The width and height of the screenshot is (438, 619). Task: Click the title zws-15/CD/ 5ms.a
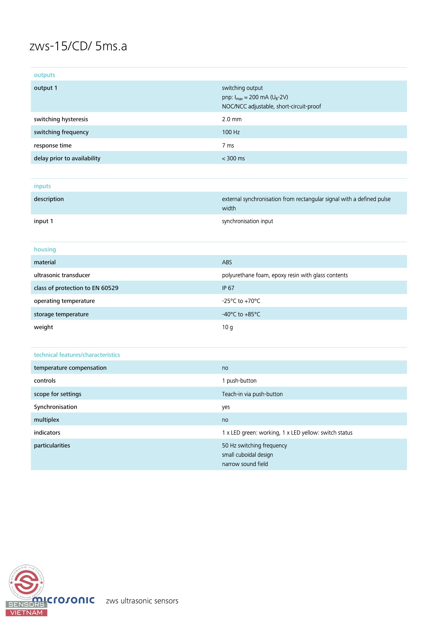[x=78, y=46]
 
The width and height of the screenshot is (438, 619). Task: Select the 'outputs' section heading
[x=45, y=75]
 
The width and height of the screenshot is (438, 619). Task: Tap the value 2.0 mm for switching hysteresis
[x=232, y=119]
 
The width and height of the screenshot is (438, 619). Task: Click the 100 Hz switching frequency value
[x=231, y=132]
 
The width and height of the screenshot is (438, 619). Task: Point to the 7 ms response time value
[x=228, y=146]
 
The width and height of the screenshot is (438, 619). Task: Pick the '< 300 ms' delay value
[x=233, y=159]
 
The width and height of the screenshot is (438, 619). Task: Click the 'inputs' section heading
[x=42, y=186]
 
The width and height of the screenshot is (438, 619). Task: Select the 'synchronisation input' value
[x=247, y=221]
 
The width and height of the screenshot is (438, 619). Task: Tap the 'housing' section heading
[x=45, y=249]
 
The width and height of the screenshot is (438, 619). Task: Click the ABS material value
[x=227, y=262]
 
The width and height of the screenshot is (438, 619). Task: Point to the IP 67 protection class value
[x=228, y=288]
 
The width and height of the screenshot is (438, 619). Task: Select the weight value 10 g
[x=227, y=327]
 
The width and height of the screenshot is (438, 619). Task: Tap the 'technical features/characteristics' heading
[x=77, y=355]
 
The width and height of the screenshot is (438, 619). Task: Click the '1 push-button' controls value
[x=239, y=381]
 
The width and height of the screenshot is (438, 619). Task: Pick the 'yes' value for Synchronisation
[x=226, y=407]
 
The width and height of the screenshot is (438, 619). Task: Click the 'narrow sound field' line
[x=245, y=464]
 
